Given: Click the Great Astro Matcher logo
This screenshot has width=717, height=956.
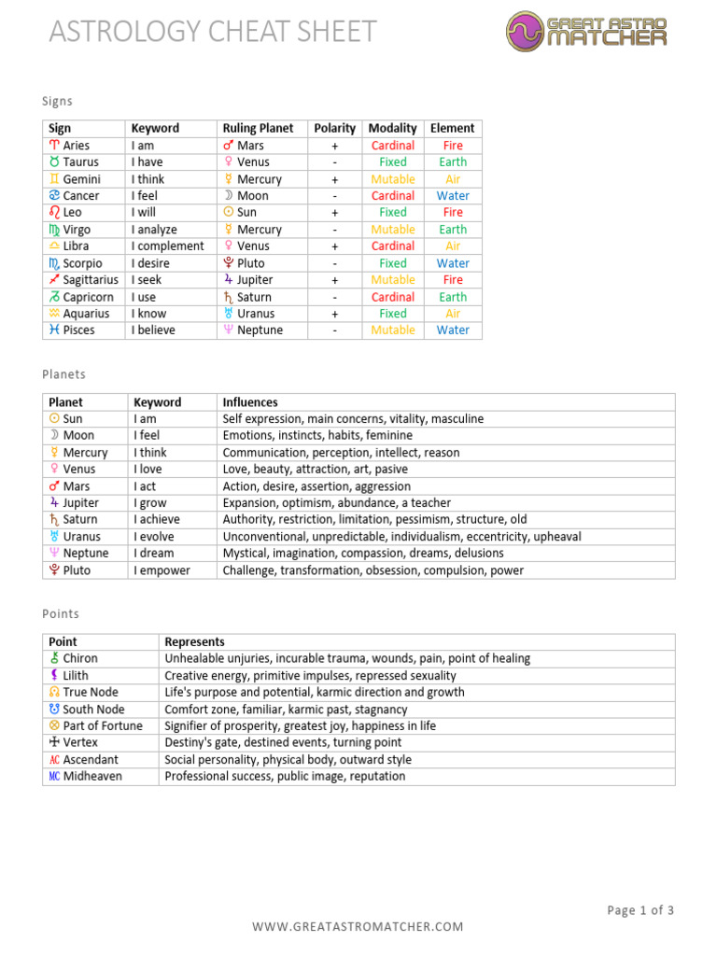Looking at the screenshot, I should coord(588,31).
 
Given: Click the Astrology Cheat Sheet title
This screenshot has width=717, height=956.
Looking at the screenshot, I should coord(212,32).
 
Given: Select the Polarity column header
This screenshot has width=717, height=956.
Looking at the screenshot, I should coord(334,128).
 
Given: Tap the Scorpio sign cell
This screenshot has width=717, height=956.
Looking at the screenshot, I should coord(82,263).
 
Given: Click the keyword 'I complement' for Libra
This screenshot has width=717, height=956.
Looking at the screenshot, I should coord(167,246).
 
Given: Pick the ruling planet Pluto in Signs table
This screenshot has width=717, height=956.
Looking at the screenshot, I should coord(250,263).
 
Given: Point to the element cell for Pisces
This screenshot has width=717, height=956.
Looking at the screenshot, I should coord(453,330).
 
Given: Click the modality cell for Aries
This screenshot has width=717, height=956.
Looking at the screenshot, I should coord(393,146).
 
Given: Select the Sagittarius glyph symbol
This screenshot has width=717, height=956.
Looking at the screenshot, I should coord(54,280).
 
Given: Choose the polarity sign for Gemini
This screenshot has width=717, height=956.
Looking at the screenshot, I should coord(334,179).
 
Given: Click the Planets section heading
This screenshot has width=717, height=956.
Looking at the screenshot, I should coord(63,374).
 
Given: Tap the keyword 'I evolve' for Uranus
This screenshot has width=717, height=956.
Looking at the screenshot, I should coord(157,537).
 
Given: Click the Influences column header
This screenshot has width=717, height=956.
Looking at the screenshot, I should coord(250,402).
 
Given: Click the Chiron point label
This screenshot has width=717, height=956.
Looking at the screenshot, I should coord(79,658).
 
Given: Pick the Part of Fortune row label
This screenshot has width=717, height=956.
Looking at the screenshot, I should coord(102,726).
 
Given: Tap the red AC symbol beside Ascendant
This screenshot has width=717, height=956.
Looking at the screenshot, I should coord(53,760).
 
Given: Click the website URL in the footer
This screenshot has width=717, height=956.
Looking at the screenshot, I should coord(358,926).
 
